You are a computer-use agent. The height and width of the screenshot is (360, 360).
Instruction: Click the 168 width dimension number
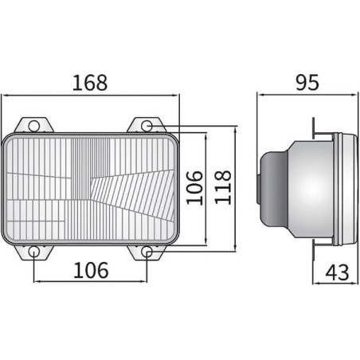tap(90, 83)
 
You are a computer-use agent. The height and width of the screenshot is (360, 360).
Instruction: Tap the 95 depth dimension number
tap(307, 82)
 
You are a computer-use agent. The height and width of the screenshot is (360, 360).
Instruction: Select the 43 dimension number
tap(337, 272)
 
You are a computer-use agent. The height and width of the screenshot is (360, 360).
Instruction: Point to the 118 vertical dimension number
tap(222, 187)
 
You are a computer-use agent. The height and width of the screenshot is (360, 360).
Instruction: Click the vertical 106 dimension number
tap(194, 188)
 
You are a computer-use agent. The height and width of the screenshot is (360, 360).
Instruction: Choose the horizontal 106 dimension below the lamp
tap(91, 270)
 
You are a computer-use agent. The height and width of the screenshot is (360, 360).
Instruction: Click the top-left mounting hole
tap(34, 126)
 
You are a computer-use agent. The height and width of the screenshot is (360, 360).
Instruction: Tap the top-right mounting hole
tap(147, 126)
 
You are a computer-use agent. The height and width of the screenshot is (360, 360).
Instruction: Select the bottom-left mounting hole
tap(34, 252)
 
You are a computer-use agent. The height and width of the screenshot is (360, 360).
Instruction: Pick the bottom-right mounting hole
tap(147, 252)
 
